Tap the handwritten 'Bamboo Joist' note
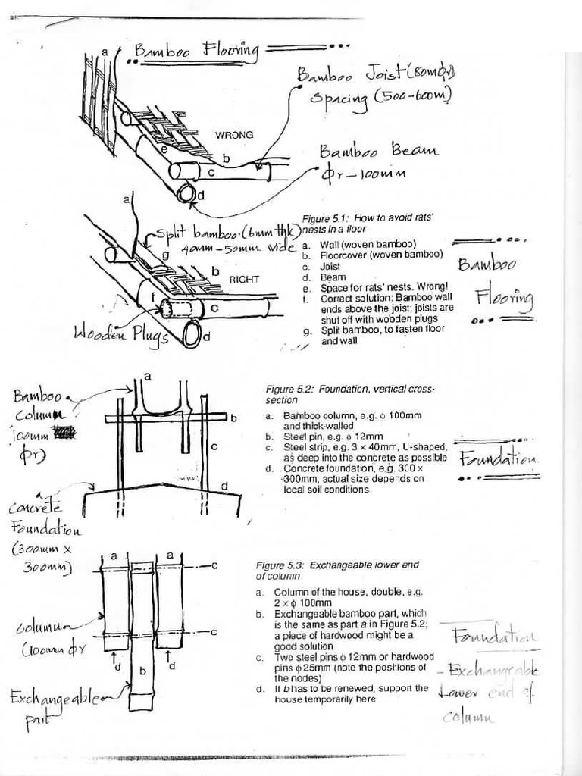[377, 74]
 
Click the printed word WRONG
[234, 135]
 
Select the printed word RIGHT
[244, 280]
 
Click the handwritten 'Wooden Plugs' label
[120, 334]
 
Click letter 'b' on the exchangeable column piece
[142, 671]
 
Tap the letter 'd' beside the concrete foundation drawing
[224, 485]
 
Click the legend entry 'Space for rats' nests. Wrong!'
[371, 289]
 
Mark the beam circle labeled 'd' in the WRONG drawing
[186, 194]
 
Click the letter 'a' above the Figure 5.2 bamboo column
[146, 376]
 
